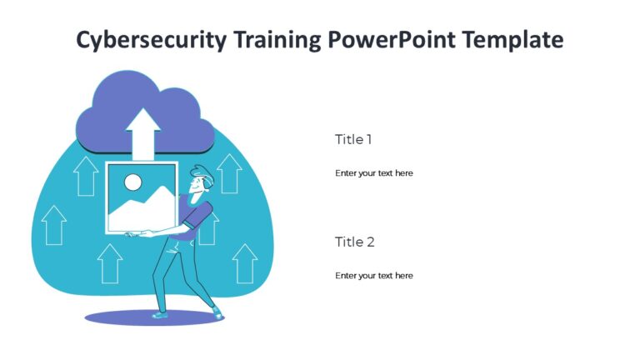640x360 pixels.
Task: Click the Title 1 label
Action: (353, 139)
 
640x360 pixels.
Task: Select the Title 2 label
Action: (354, 242)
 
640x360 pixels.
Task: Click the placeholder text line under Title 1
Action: (373, 173)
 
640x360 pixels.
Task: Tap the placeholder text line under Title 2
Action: (373, 275)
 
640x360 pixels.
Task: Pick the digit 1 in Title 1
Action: (369, 139)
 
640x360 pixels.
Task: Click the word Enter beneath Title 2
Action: (345, 275)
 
